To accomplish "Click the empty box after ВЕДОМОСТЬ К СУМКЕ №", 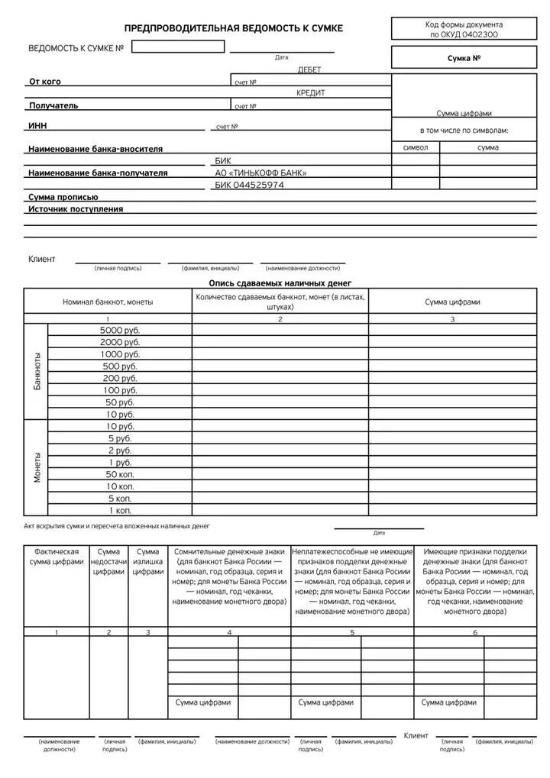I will point(178,47).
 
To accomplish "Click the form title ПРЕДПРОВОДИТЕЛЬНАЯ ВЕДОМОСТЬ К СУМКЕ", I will point(234,28).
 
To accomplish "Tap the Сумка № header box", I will point(463,58).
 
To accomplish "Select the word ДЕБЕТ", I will point(309,69).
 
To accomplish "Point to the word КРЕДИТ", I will point(310,92).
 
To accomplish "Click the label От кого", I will point(45,82).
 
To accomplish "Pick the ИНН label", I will point(38,126).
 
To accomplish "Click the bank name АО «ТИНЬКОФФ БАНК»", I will point(260,173).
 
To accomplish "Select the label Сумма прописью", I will point(63,197).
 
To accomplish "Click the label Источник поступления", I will point(76,208).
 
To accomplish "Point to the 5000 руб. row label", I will point(120,330).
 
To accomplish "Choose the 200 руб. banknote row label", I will point(120,378).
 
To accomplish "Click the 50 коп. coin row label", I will point(120,474).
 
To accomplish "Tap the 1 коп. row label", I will point(120,509).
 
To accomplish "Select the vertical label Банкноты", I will point(36,372).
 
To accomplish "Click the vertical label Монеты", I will point(36,467).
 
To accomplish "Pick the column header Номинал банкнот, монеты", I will point(108,302).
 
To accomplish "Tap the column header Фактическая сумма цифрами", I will point(57,556).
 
